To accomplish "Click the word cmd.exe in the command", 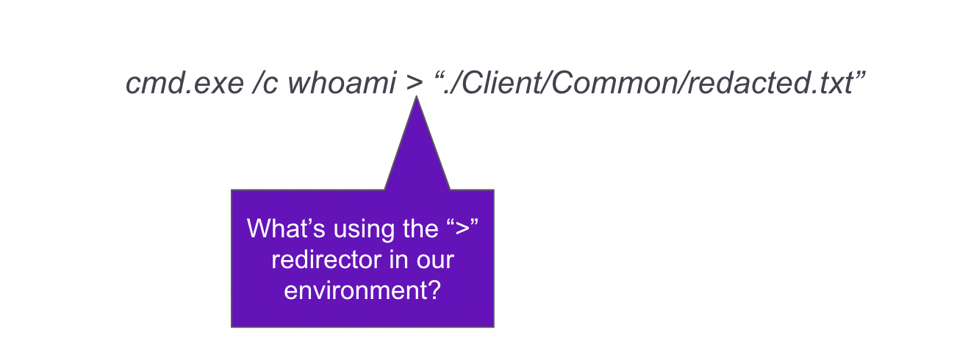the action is (x=184, y=82).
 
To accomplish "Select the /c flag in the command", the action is (x=265, y=82).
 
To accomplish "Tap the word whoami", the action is (x=342, y=82).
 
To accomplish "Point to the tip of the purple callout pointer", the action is (x=416, y=96).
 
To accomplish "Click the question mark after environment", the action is (x=434, y=290).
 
